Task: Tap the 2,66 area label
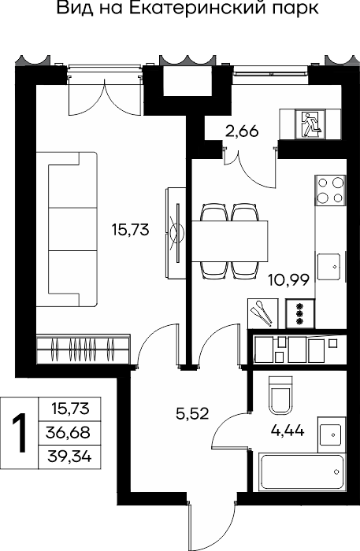point(242,131)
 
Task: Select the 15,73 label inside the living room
point(131,230)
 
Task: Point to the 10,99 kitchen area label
point(288,280)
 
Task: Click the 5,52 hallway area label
point(192,413)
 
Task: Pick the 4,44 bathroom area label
point(288,430)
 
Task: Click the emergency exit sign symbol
point(310,124)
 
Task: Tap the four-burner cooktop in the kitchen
point(330,190)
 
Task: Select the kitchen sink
point(329,266)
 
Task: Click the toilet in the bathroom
point(280,395)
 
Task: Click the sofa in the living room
point(66,229)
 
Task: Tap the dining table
point(229,241)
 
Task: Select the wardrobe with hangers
point(84,349)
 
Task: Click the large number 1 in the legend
point(20,433)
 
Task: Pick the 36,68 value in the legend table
point(68,433)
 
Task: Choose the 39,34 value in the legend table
point(69,457)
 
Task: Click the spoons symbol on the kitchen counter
point(262,313)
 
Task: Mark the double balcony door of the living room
point(105,97)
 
